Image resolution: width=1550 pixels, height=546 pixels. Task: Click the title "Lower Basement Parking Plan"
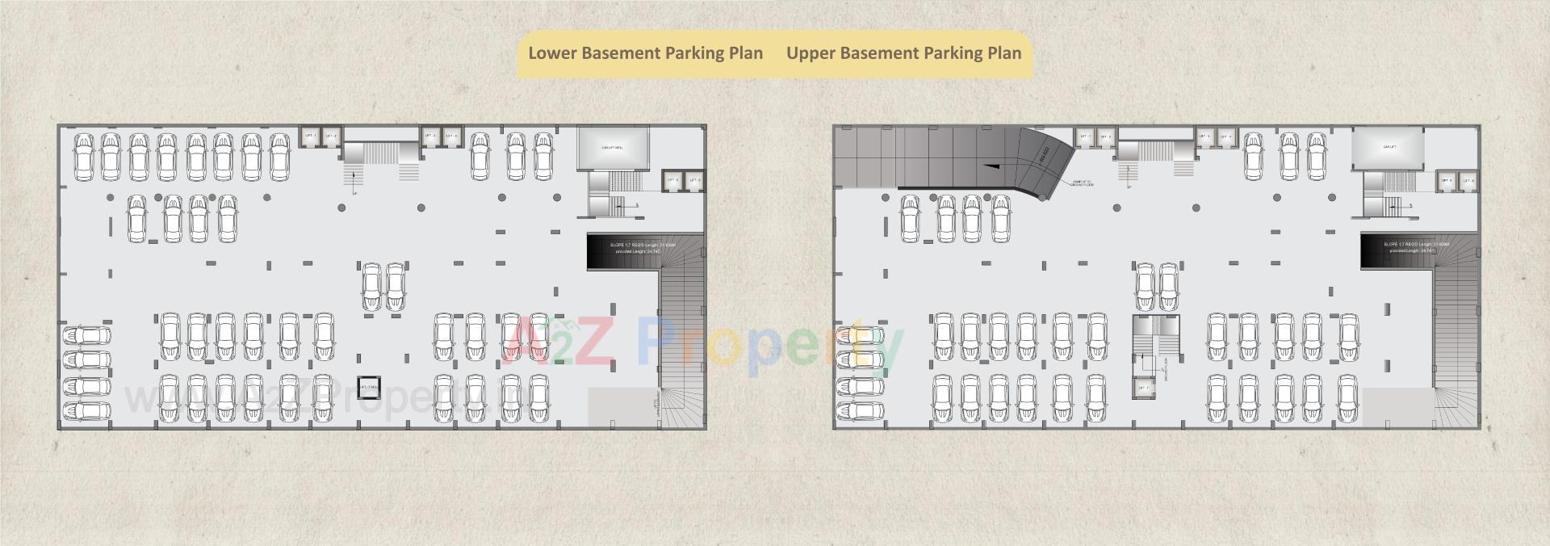pos(645,53)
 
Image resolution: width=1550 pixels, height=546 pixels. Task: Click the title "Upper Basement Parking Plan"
pos(903,53)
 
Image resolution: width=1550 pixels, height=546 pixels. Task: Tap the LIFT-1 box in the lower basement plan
pos(310,136)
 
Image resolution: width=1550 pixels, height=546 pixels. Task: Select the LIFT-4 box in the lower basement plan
pos(451,136)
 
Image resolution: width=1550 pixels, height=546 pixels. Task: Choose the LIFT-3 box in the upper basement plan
pos(1205,137)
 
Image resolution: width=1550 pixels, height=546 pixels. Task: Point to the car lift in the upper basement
pos(1389,148)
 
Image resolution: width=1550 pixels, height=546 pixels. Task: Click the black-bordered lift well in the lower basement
pos(368,388)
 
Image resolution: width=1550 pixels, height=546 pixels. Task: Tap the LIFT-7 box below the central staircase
pos(1144,388)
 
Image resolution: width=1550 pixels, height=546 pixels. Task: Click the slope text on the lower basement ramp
pos(643,248)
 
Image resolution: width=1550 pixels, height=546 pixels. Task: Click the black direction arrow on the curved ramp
pos(993,165)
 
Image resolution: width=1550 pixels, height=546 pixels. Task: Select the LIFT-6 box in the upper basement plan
pos(1468,181)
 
